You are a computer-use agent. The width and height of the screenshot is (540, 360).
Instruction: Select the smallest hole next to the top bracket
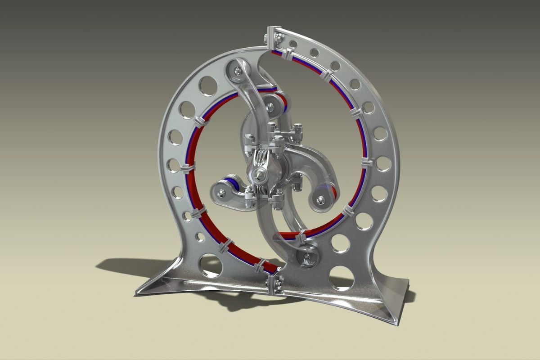(293, 44)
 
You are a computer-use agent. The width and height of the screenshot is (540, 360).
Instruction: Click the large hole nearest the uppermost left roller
(208, 85)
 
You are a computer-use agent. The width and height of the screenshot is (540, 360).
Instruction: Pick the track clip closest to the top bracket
(287, 55)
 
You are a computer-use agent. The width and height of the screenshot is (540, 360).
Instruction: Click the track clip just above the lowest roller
(301, 235)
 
